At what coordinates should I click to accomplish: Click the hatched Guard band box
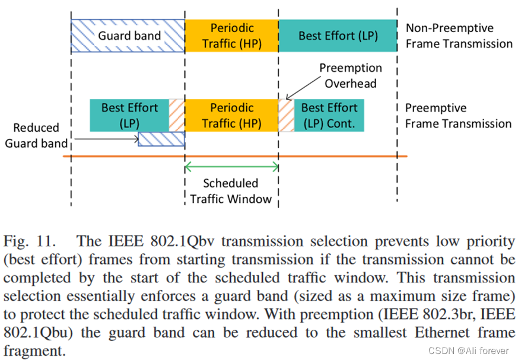pyautogui.click(x=128, y=36)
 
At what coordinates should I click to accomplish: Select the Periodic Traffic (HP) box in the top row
pyautogui.click(x=232, y=36)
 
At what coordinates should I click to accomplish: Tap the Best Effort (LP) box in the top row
pyautogui.click(x=338, y=36)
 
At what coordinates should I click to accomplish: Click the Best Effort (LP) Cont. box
pyautogui.click(x=329, y=115)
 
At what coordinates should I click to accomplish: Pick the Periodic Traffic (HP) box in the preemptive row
pyautogui.click(x=232, y=115)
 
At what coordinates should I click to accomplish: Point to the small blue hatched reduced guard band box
pyautogui.click(x=161, y=139)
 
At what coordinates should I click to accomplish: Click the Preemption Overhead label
pyautogui.click(x=350, y=76)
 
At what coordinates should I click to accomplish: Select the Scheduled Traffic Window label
pyautogui.click(x=231, y=191)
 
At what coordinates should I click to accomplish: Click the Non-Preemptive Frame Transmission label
pyautogui.click(x=458, y=36)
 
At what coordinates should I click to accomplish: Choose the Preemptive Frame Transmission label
pyautogui.click(x=458, y=116)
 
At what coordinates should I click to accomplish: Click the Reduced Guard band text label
pyautogui.click(x=36, y=135)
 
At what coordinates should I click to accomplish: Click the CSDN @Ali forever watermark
pyautogui.click(x=468, y=351)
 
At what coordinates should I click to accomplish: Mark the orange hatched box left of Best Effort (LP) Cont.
pyautogui.click(x=286, y=115)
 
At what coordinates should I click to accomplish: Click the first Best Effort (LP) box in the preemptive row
pyautogui.click(x=129, y=115)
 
